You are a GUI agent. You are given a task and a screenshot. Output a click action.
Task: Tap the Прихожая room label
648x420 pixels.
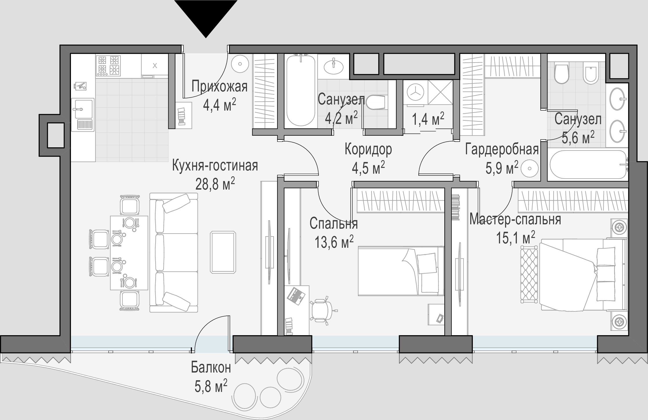coord(219,87)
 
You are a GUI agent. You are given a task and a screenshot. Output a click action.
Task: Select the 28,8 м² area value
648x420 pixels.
coord(215,184)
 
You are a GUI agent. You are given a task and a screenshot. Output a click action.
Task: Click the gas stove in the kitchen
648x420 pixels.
coord(108,66)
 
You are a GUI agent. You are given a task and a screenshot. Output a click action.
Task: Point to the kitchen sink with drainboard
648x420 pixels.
coord(83,115)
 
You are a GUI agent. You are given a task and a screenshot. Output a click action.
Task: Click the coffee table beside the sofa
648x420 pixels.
coord(223,252)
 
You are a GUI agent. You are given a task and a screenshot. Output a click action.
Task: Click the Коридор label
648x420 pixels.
coord(368,149)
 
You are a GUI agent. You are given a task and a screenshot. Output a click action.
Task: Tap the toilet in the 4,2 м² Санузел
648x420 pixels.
coord(377,102)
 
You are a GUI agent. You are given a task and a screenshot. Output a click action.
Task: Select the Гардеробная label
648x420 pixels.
coord(502,149)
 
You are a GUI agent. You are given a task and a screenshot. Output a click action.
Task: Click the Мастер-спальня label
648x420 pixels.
coord(515,219)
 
